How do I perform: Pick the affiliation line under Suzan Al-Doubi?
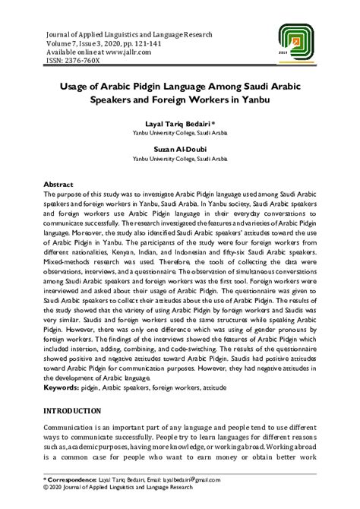click(x=180, y=160)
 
